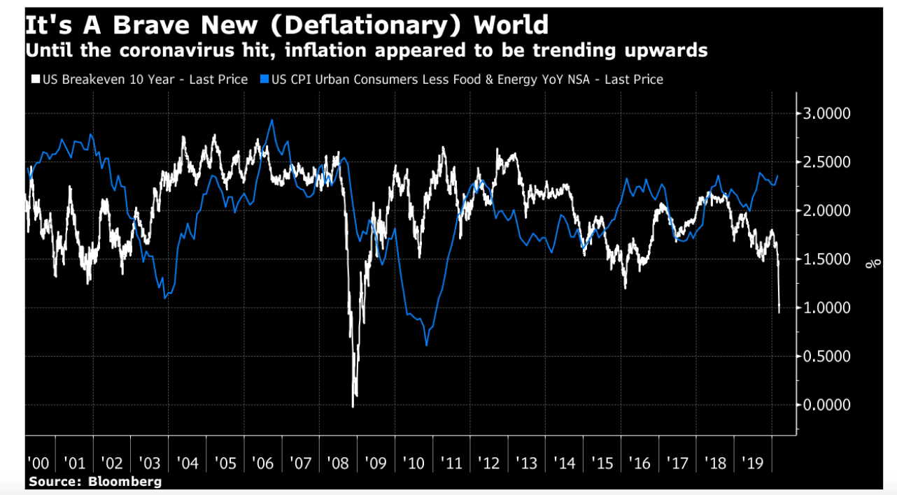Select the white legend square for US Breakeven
point(34,80)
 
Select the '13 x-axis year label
point(526,463)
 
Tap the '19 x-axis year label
point(752,463)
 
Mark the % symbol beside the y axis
point(873,264)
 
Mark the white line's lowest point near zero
point(353,406)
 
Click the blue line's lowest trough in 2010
point(426,345)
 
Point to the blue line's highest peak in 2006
point(271,120)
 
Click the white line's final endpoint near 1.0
point(779,312)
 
